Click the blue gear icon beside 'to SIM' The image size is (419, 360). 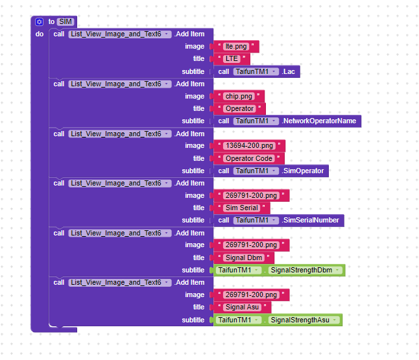coord(39,22)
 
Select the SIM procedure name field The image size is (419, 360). coord(66,21)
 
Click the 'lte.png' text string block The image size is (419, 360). coord(236,47)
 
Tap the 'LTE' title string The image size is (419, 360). coord(232,59)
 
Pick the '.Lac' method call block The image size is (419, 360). coord(257,71)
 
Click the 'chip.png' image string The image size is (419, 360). coord(239,96)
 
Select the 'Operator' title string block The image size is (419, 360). coord(239,108)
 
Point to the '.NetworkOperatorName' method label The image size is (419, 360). coord(319,121)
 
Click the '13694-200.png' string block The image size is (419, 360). coord(249,146)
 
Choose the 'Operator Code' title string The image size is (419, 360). coord(249,158)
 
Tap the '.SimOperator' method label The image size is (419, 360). coord(303,171)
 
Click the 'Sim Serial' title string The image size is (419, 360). coord(241,208)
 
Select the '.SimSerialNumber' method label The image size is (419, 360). coord(311,221)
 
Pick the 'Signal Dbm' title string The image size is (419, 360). coord(244,258)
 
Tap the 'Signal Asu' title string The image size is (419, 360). coord(242,307)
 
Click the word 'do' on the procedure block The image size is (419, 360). coord(40,34)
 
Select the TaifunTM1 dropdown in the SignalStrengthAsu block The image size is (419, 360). coord(239,320)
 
